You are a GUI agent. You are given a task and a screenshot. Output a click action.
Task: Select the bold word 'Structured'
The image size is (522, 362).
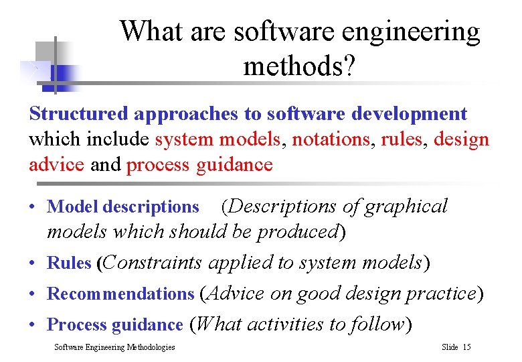click(x=79, y=114)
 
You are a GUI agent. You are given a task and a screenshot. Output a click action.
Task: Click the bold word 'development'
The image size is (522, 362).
click(x=412, y=114)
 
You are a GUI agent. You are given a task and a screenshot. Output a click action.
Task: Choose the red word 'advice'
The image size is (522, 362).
click(x=56, y=165)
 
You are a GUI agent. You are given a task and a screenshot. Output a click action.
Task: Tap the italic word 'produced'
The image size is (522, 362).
click(x=297, y=232)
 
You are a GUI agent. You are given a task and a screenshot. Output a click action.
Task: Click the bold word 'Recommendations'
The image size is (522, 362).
click(x=120, y=294)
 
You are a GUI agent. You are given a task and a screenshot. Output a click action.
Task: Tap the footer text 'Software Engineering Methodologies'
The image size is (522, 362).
click(x=114, y=347)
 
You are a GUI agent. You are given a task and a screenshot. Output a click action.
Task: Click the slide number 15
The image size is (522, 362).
click(x=466, y=347)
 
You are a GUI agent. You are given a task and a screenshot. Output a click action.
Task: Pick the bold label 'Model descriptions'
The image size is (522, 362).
click(x=123, y=207)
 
